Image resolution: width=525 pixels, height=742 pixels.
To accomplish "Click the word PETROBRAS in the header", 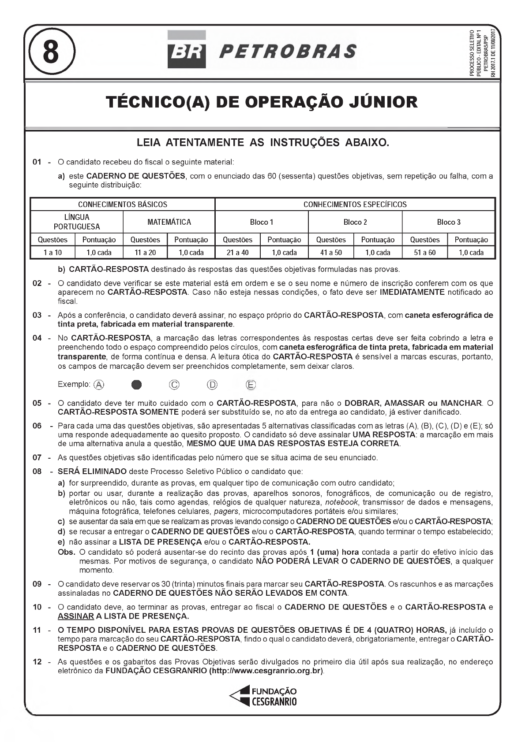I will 288,52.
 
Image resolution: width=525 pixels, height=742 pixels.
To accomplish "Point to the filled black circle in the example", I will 137,385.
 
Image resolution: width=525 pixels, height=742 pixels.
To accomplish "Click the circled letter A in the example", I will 99,385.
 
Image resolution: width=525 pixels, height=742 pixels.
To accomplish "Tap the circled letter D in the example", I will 212,385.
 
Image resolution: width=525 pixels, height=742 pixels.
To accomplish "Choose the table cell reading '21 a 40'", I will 237,252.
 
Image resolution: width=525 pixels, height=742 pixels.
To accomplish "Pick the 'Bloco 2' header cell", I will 355,222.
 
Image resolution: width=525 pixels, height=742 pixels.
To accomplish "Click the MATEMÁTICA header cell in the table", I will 169,222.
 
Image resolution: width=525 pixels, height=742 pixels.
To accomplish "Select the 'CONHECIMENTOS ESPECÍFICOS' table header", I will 355,204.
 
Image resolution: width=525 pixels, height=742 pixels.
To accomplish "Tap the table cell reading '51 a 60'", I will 424,252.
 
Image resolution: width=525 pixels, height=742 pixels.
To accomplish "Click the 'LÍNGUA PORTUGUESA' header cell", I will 77,222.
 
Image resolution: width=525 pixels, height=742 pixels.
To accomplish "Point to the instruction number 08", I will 37,471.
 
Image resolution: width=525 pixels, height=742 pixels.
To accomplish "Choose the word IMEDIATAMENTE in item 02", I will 412,292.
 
